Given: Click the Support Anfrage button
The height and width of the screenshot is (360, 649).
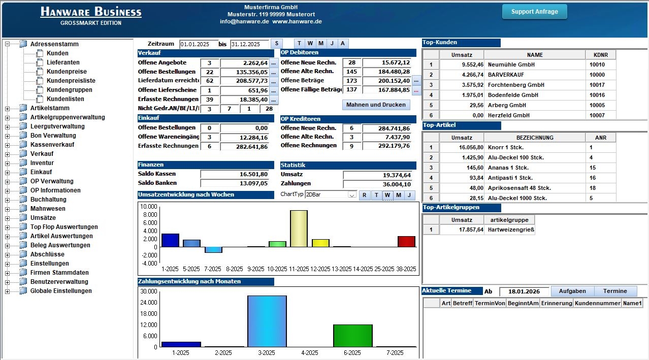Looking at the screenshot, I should [534, 12].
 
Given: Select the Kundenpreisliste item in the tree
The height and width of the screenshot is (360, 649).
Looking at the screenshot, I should [71, 81].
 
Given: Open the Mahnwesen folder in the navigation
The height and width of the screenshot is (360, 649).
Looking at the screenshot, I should [48, 209].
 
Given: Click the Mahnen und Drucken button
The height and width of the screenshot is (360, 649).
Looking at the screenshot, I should [376, 105].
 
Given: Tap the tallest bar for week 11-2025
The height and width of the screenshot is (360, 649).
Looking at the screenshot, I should [299, 228].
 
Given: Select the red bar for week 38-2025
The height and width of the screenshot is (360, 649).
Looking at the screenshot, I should [406, 241].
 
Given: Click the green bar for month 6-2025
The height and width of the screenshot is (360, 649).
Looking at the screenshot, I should [352, 336].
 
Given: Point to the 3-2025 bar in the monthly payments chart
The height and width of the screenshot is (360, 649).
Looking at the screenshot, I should [267, 321].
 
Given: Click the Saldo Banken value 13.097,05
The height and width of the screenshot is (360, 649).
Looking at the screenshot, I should [235, 183].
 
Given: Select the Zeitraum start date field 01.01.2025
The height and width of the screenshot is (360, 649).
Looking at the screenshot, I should [198, 44].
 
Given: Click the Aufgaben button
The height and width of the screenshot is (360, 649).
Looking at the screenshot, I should [572, 291].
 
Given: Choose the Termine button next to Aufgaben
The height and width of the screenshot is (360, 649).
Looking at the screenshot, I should [614, 291].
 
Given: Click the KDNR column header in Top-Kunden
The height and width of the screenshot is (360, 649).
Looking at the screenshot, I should [601, 55].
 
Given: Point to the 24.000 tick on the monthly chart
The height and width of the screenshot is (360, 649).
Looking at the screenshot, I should [149, 303].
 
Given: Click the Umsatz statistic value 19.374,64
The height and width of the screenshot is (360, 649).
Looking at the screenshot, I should [378, 175].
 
